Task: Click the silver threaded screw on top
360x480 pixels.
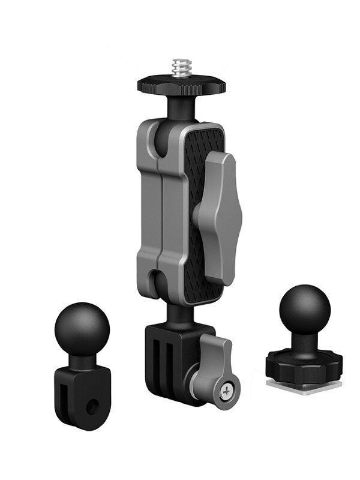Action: coord(180,67)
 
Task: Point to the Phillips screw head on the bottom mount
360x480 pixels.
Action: coord(226,391)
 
